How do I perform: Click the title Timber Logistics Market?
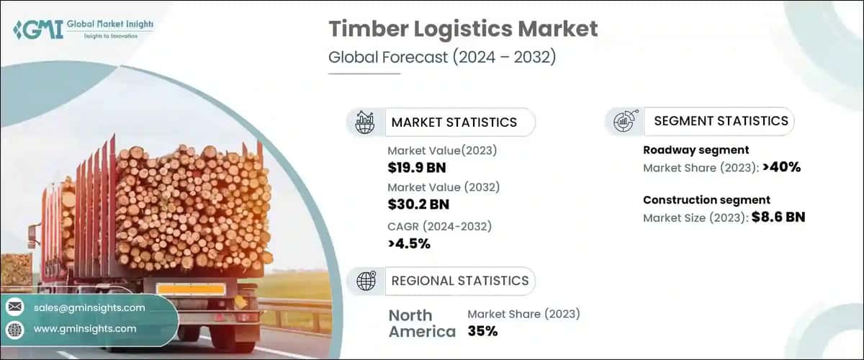click(x=463, y=29)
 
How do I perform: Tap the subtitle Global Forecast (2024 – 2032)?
click(x=441, y=58)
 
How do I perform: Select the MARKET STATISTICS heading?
click(x=454, y=122)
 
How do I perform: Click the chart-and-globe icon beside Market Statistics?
click(x=365, y=122)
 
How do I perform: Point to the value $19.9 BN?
click(x=419, y=168)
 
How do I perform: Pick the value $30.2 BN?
click(x=420, y=204)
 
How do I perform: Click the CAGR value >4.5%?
click(x=409, y=243)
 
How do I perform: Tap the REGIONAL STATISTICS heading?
click(x=459, y=281)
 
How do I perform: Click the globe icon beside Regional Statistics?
click(x=365, y=281)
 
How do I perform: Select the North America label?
click(x=422, y=323)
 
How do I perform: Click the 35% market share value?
click(x=482, y=331)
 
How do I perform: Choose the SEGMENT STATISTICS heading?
click(x=721, y=121)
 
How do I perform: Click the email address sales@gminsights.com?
click(x=89, y=307)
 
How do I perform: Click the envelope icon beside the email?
click(x=14, y=307)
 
